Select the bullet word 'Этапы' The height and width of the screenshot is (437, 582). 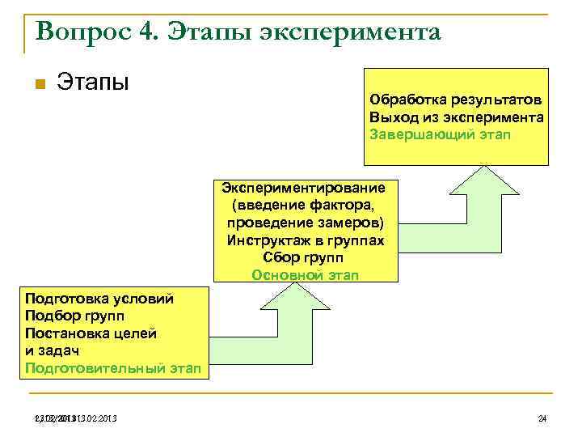[93, 82]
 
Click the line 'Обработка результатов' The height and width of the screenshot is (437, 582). [456, 100]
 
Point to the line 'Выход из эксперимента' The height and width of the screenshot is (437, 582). [456, 117]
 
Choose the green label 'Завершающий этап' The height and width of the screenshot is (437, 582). [440, 134]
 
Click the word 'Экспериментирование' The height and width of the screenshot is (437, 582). [305, 188]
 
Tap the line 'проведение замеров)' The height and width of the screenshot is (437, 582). [305, 223]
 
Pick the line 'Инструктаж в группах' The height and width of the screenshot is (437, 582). [305, 240]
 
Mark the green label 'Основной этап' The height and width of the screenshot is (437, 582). [305, 274]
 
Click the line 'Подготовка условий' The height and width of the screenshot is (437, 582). [99, 299]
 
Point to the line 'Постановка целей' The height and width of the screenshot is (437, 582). [91, 333]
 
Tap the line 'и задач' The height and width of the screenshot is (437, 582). [53, 350]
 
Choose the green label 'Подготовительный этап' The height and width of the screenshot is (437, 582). [112, 368]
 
